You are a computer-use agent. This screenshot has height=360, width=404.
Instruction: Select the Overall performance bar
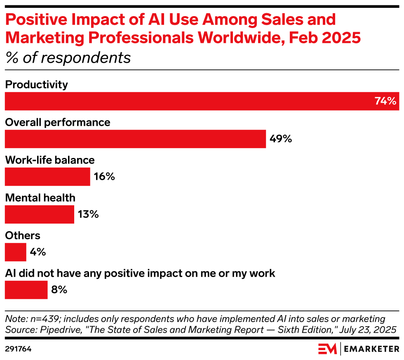[135, 139]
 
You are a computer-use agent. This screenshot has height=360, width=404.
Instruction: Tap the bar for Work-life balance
[47, 176]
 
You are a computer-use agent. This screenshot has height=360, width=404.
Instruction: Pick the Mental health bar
[40, 214]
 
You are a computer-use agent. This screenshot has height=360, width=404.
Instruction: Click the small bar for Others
[16, 252]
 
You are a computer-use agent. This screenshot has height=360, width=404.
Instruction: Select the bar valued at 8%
[26, 289]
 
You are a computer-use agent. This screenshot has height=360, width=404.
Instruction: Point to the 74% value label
[385, 101]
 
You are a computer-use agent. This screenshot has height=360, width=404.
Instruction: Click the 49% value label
[281, 139]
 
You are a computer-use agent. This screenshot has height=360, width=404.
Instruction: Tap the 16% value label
[104, 176]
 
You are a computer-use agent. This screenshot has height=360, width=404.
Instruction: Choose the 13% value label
[88, 214]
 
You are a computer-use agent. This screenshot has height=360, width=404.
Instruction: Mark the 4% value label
[38, 252]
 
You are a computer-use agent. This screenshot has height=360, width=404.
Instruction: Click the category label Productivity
[36, 85]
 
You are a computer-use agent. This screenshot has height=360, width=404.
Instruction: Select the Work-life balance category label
[50, 160]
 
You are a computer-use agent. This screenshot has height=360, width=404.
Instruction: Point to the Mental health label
[40, 198]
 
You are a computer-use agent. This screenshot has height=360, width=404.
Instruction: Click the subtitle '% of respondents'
[68, 58]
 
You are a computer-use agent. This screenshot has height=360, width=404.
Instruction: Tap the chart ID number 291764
[18, 349]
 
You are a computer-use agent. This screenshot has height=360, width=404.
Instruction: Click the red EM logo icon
[327, 349]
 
